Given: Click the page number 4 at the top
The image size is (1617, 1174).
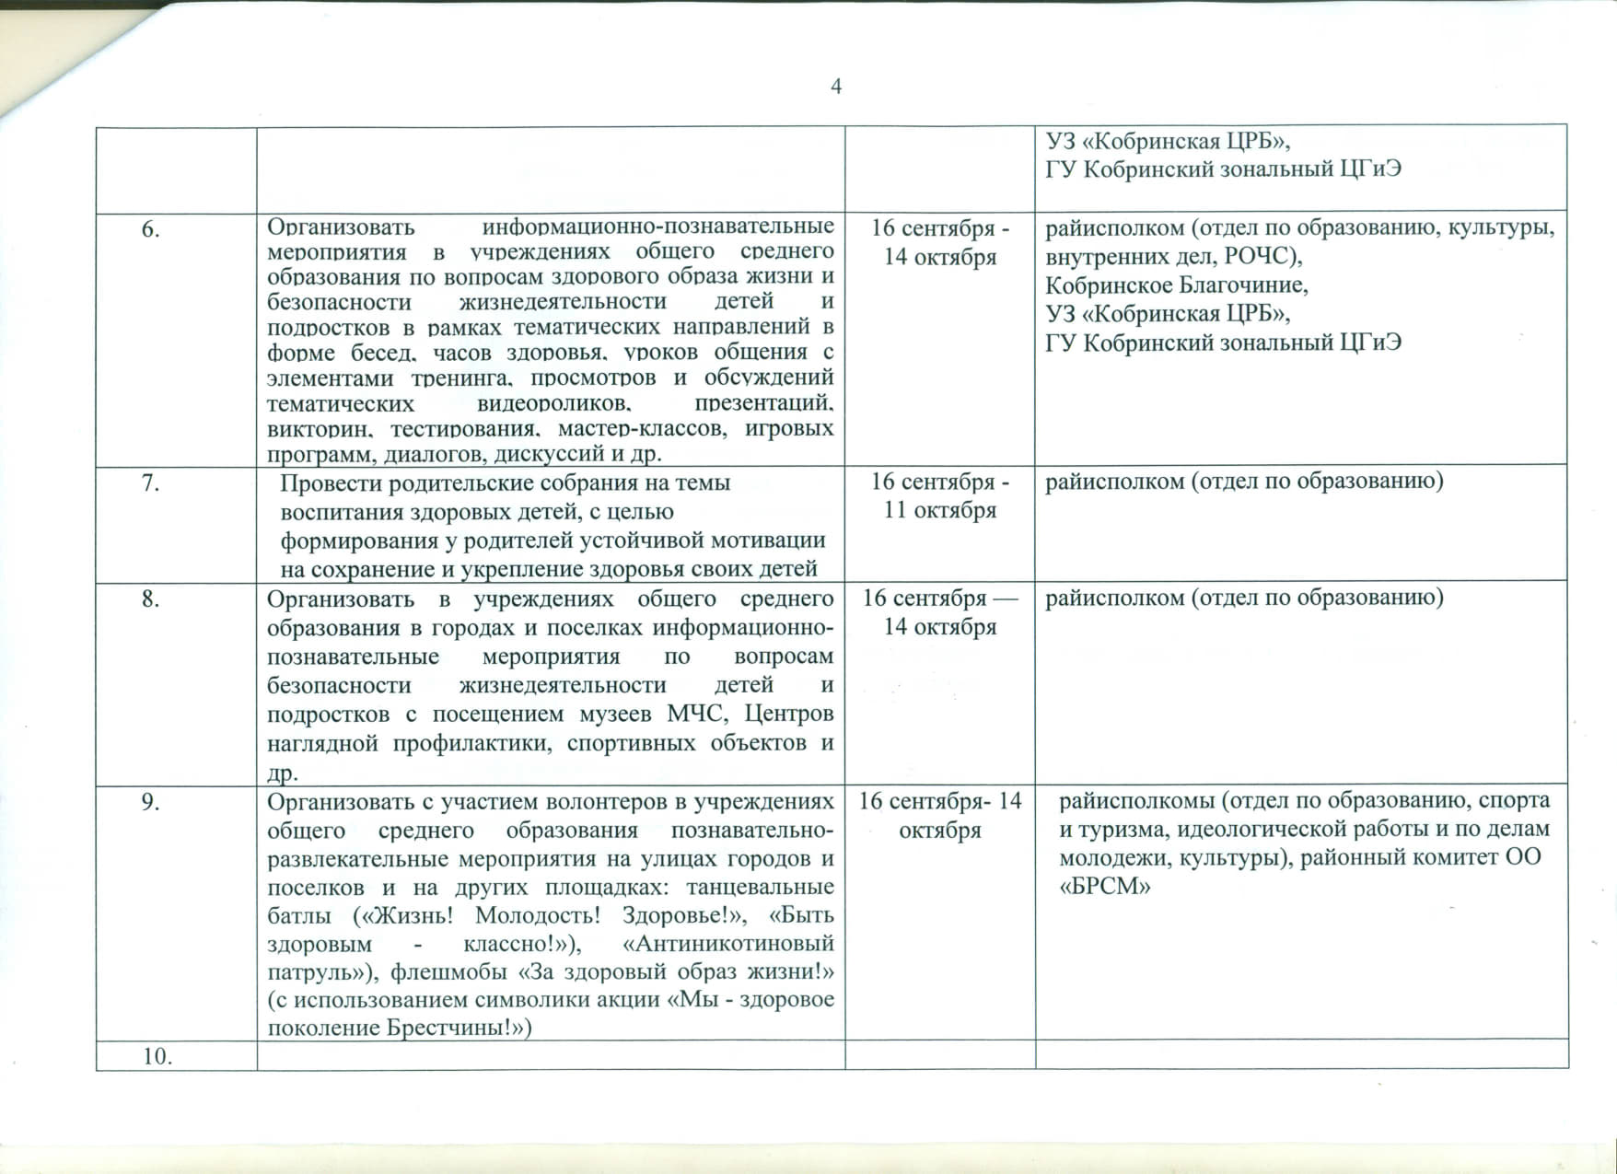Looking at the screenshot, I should (x=836, y=87).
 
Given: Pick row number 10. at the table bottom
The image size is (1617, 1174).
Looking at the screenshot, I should (x=157, y=1056).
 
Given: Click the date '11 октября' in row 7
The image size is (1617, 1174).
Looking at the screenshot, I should (x=940, y=510).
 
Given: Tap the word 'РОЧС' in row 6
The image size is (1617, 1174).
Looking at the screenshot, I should (x=1258, y=257).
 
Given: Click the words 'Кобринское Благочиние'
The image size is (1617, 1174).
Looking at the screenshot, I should (x=1176, y=285).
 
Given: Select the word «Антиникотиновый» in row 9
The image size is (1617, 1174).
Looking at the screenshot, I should (x=728, y=944).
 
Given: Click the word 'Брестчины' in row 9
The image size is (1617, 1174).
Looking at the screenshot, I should (x=452, y=1029).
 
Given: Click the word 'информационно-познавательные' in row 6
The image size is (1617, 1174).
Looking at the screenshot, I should (x=658, y=227).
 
